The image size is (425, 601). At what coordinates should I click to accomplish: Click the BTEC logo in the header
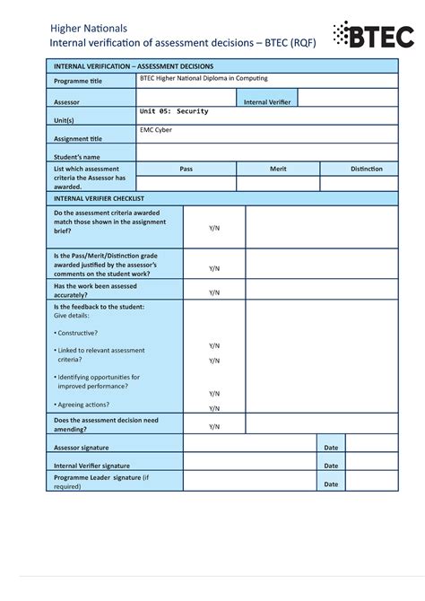tap(373, 36)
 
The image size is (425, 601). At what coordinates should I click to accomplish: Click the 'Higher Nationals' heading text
tap(88, 29)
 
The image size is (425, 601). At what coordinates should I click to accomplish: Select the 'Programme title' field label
tap(78, 82)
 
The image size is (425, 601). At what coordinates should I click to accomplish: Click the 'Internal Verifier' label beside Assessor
tap(267, 102)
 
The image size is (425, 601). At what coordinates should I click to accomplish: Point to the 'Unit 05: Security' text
tap(175, 111)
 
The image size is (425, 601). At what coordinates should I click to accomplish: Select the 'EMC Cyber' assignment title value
tap(156, 130)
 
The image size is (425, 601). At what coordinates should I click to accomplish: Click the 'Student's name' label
tap(76, 157)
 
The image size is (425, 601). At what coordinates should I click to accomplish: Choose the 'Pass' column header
tap(186, 169)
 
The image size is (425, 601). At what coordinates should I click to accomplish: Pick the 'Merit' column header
tap(278, 169)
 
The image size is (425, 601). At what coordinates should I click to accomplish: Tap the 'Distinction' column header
tap(366, 169)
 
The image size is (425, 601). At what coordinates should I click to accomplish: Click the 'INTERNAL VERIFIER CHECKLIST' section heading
tap(100, 198)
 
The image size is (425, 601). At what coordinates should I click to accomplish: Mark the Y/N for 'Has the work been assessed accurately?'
tap(214, 292)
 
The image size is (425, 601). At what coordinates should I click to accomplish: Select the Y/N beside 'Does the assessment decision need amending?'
tap(214, 427)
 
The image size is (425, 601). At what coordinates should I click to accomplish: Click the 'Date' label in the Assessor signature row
tap(331, 447)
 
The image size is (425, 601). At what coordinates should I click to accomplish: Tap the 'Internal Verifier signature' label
tap(91, 466)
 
